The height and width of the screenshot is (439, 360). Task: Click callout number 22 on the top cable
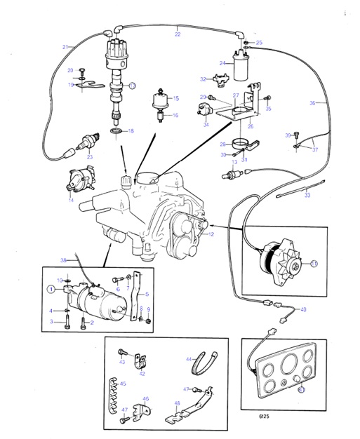click(x=177, y=34)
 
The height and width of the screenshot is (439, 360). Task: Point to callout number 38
click(x=62, y=260)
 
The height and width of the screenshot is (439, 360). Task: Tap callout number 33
click(x=306, y=196)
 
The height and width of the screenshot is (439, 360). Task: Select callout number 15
click(x=175, y=99)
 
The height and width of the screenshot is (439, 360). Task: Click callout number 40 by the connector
click(x=302, y=309)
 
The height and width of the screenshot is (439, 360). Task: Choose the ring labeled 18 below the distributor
click(x=115, y=131)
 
